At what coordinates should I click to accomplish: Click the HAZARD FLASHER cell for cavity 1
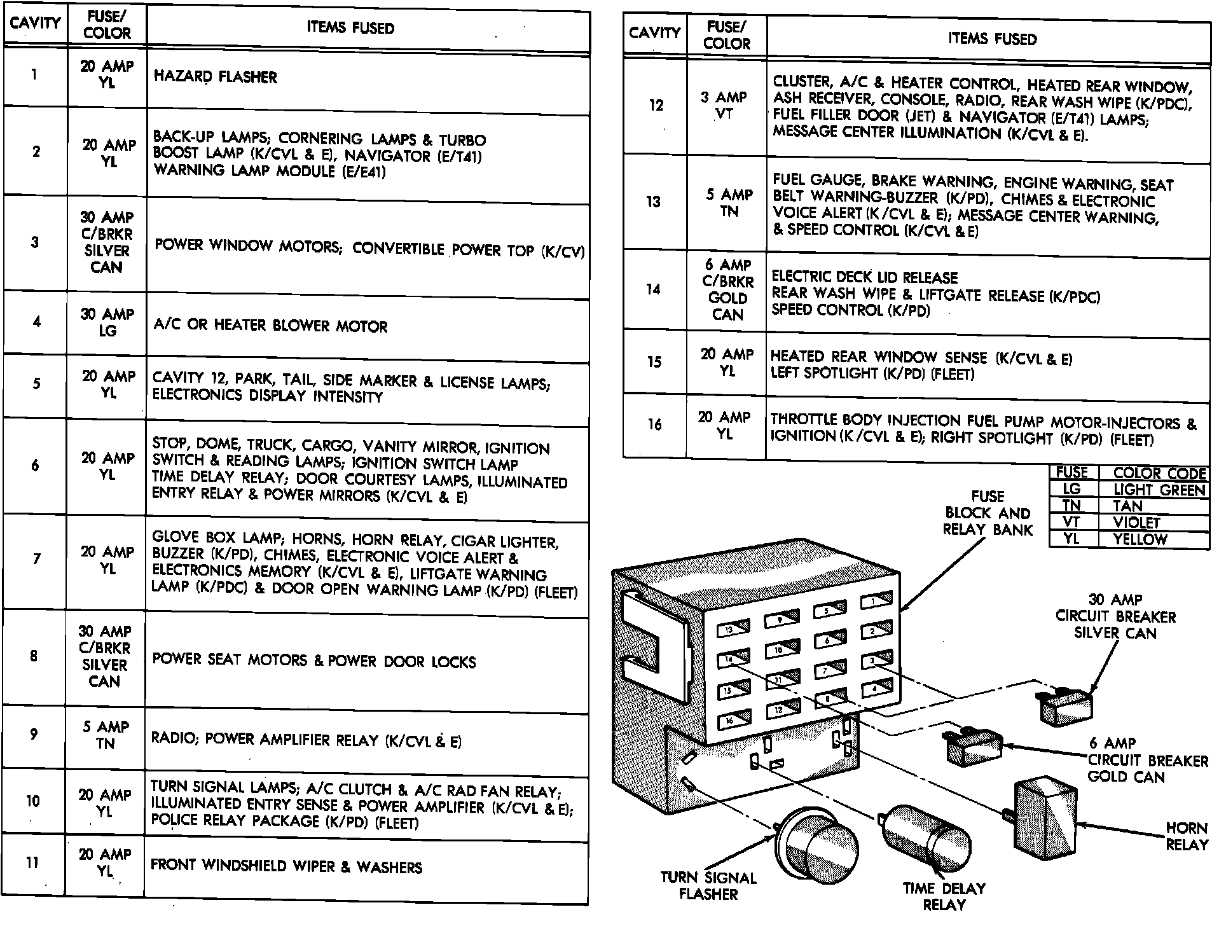click(216, 77)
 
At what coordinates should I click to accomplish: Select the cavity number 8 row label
click(34, 656)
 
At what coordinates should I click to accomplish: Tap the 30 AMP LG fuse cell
click(107, 322)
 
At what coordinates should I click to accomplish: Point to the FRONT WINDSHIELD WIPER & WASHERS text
click(286, 866)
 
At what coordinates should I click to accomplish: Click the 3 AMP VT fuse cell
click(724, 106)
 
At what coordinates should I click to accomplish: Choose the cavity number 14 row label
click(654, 289)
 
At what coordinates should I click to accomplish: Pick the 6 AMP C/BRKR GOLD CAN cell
click(727, 290)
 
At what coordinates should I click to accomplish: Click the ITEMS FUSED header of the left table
click(350, 28)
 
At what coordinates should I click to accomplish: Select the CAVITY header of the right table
click(654, 32)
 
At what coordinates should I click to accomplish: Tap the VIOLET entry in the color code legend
click(1137, 523)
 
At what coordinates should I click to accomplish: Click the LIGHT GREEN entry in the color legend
click(1159, 490)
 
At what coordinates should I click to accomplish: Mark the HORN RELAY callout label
click(1186, 836)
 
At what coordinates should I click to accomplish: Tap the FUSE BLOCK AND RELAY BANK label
click(988, 513)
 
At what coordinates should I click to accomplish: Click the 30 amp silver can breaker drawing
click(1066, 707)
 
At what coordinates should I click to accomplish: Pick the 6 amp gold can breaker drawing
click(974, 746)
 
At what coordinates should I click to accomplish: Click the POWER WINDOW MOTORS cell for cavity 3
click(369, 248)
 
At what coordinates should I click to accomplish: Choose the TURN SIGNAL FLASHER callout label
click(708, 886)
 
